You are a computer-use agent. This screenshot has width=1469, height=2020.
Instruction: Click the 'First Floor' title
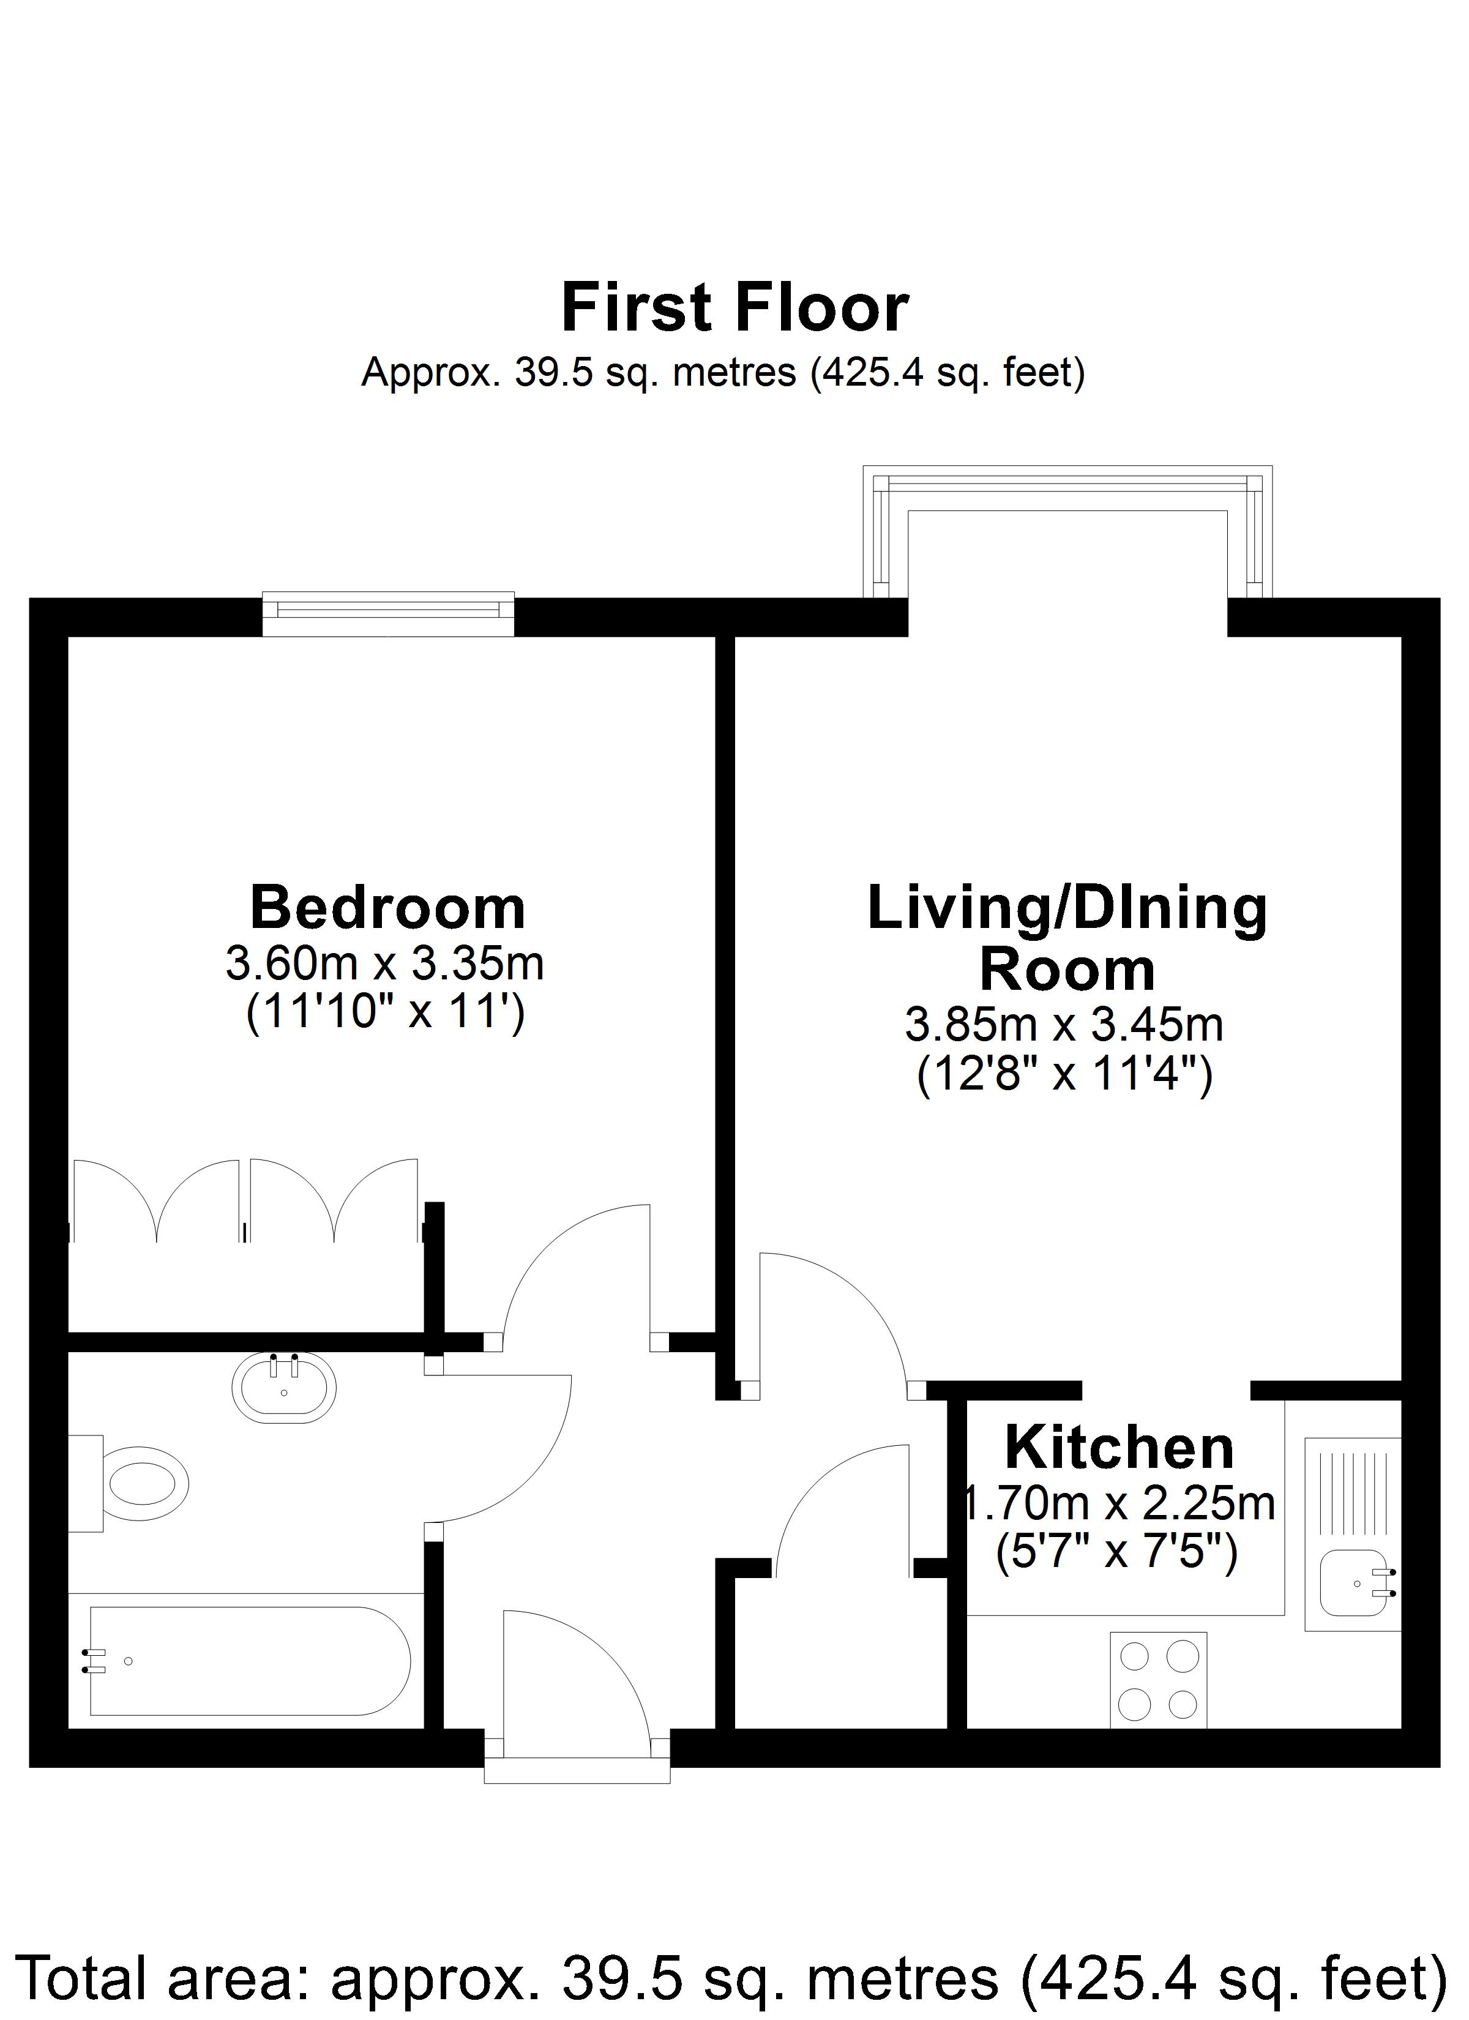coord(735,308)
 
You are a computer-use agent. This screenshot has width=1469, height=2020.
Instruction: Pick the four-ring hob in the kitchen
coord(1158,1680)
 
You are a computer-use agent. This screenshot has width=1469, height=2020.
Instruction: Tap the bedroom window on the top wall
coord(389,614)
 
